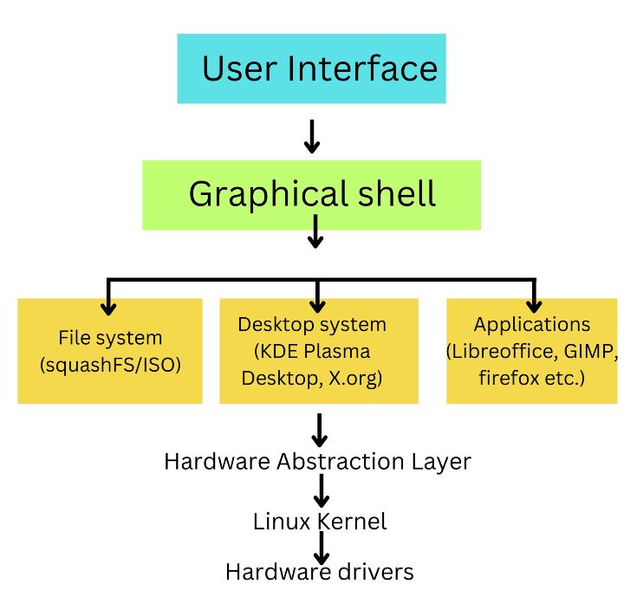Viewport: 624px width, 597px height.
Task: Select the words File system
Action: (x=111, y=338)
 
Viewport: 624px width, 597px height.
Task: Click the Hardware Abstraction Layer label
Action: (x=317, y=461)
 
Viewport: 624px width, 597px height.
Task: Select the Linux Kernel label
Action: (x=320, y=522)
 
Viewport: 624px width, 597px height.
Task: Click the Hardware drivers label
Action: (x=320, y=573)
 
